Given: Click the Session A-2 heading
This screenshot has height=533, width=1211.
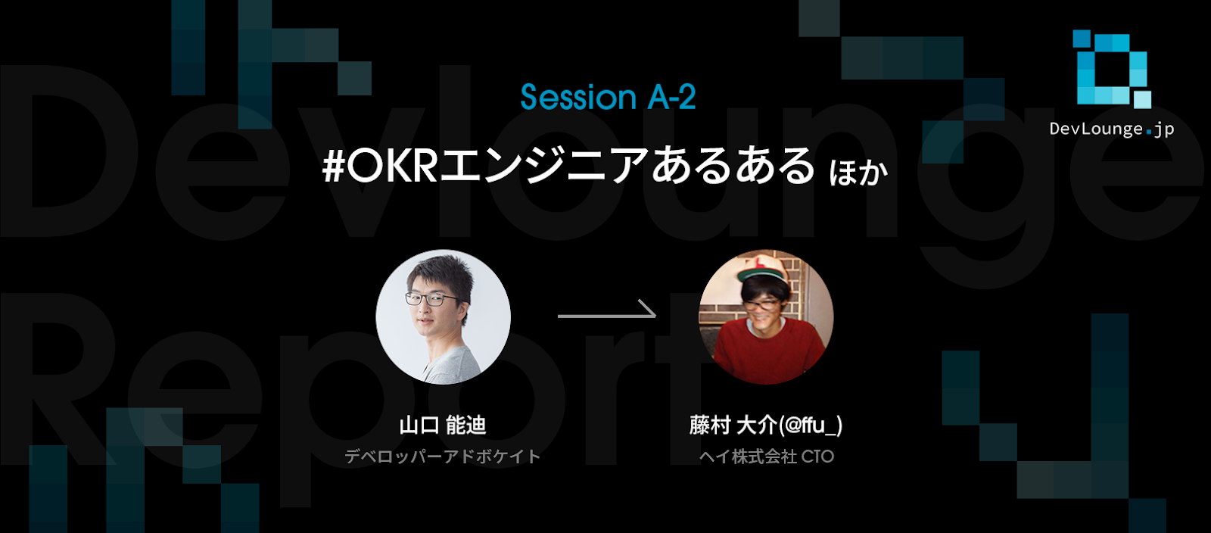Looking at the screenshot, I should pos(608,98).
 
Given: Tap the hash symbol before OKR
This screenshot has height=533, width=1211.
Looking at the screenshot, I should pos(334,167).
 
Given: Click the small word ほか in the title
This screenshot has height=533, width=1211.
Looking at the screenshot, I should pos(858,173).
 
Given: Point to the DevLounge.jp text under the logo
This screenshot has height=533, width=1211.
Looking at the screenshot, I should pos(1111,129).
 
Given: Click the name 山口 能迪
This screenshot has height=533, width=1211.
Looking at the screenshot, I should pos(443,425).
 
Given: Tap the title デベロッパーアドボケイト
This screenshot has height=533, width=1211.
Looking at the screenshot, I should pos(443,457).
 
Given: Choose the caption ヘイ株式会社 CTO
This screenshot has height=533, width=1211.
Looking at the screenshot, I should pos(766,457).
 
